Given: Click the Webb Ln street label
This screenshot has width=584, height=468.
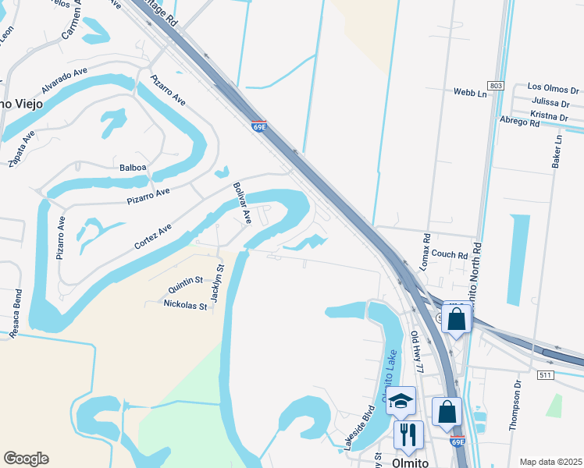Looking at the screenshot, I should click(470, 92).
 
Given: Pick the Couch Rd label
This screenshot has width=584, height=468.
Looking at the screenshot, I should click(449, 254).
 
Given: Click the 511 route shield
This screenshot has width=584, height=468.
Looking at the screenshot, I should click(546, 375).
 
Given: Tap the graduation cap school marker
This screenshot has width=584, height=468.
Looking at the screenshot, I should click(401, 401).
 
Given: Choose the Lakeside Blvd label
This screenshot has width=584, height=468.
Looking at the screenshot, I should click(354, 432).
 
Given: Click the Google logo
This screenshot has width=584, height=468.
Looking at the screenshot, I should click(26, 458).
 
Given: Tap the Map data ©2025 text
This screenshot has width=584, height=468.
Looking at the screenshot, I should click(550, 462).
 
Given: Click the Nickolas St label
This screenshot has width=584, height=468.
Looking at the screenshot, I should click(185, 306).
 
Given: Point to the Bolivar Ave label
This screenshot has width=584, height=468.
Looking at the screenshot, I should click(241, 203).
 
